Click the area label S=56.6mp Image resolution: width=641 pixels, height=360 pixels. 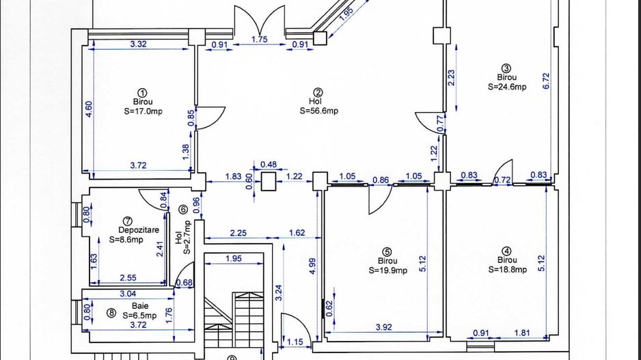point(319,111)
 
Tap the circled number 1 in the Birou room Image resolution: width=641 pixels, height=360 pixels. point(142,93)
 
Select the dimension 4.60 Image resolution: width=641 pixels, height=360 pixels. point(89,109)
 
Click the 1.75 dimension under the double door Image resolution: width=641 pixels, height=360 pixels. point(260,40)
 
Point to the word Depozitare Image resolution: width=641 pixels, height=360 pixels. point(139,230)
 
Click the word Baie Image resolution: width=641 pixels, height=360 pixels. point(140,305)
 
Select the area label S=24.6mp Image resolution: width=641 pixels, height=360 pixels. point(507,87)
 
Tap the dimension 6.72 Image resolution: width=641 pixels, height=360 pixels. point(546,81)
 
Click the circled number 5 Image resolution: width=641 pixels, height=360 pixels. point(386,251)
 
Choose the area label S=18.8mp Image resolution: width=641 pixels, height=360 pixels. point(507,269)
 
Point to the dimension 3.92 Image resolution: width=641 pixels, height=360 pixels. point(384,327)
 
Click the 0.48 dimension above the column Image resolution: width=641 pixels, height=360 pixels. point(269,165)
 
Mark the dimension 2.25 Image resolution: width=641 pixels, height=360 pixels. point(238,233)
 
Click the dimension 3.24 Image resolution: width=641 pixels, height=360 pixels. point(279,292)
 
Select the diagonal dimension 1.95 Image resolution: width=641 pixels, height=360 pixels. point(346,14)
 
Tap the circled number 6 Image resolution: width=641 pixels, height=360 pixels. point(183,210)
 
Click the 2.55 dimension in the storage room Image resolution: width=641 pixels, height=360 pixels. point(128,278)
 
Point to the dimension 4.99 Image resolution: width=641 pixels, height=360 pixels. point(312,266)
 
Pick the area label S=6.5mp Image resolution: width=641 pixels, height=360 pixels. point(139,316)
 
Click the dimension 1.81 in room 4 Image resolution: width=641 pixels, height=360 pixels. point(522,333)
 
